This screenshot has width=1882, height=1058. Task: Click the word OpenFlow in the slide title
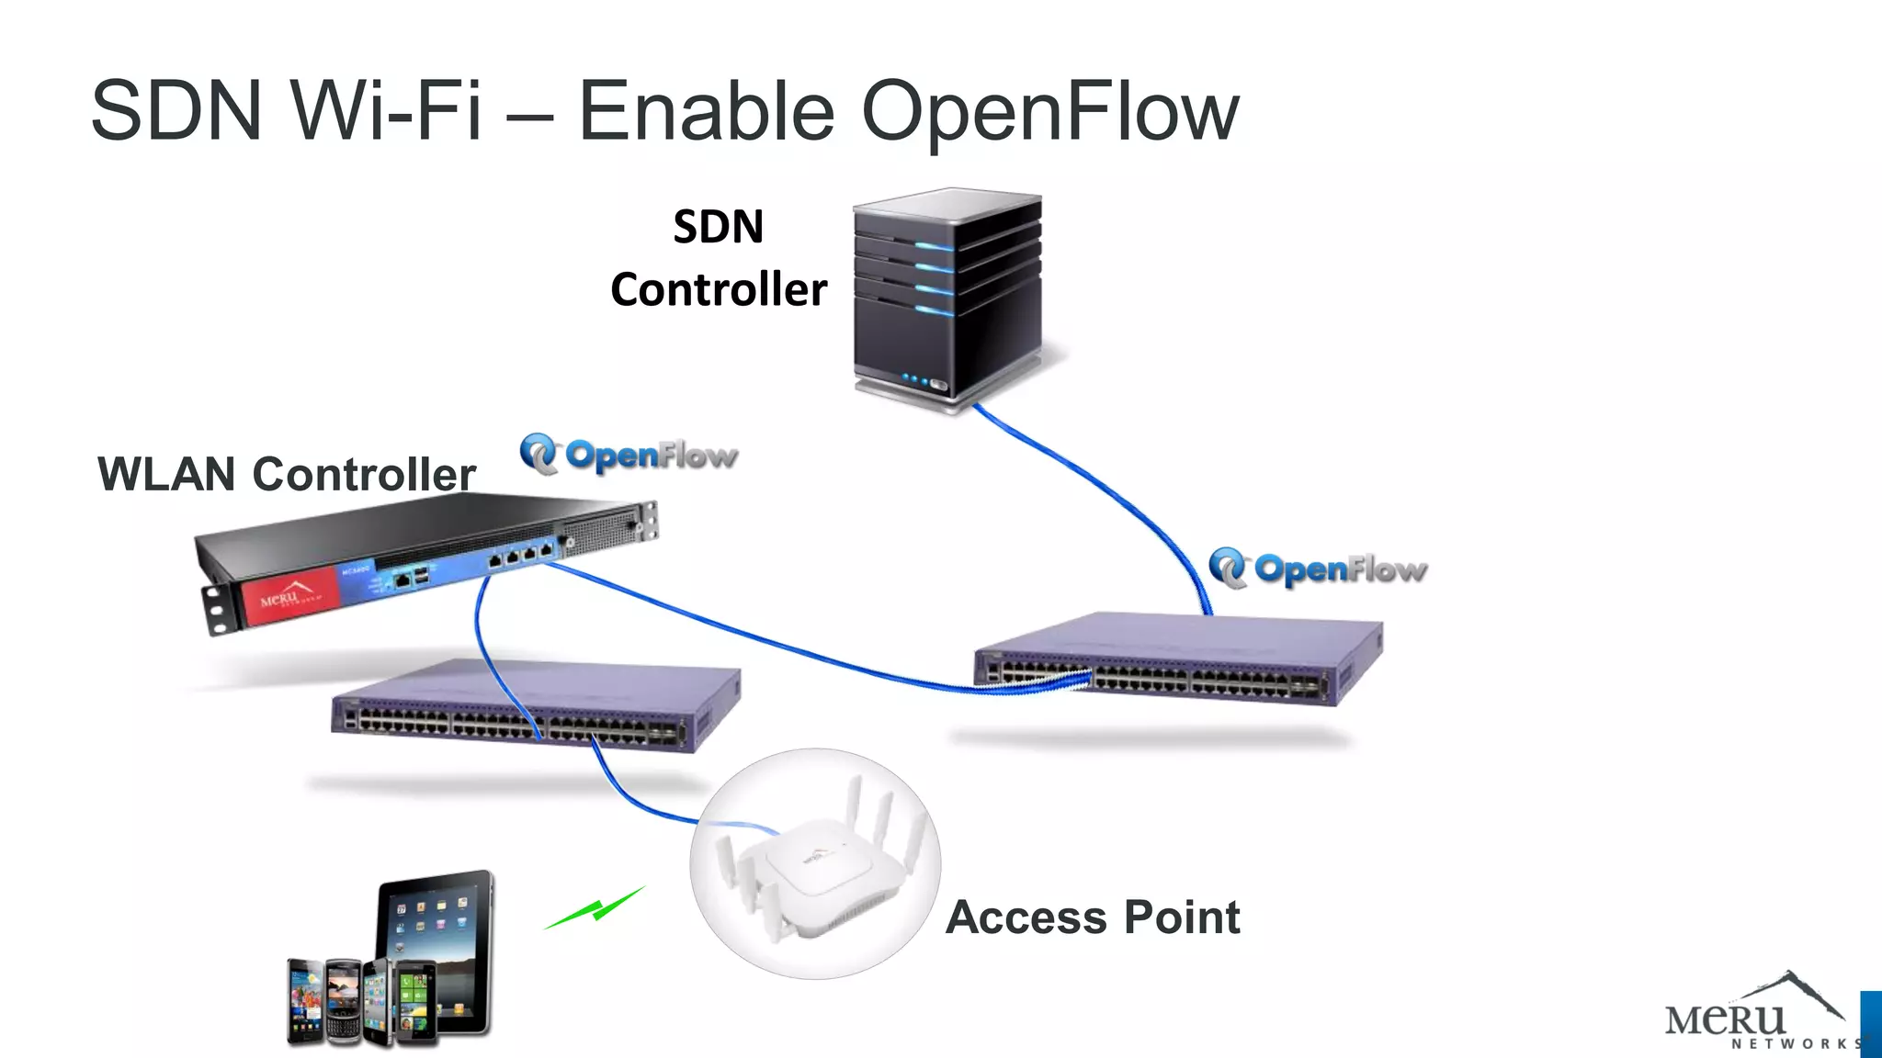coord(1049,112)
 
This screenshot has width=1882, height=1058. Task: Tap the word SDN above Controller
coord(718,227)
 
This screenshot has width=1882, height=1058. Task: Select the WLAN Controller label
coord(286,475)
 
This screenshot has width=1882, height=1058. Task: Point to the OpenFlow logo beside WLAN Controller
coord(629,455)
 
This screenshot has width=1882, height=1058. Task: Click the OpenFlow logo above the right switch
coord(1318,568)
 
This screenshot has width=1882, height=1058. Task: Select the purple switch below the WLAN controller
coord(536,705)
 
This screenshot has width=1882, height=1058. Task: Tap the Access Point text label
coord(1093,917)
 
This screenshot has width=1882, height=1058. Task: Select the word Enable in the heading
coord(705,112)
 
